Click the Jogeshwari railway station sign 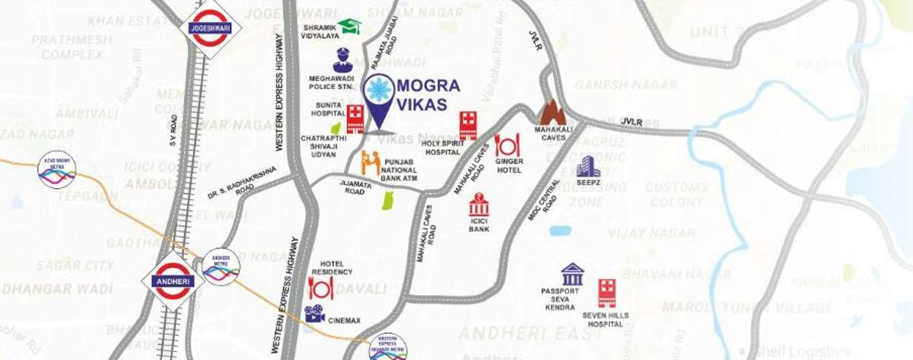coord(210,29)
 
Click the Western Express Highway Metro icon coord(388,346)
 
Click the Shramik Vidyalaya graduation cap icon coord(349,27)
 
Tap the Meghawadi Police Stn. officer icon coord(342,61)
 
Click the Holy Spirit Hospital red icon coord(468,125)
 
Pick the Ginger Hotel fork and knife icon coord(507,145)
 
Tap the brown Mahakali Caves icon coord(552,113)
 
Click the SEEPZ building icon coord(587,167)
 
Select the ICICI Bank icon coord(479,205)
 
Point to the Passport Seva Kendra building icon coord(572,274)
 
